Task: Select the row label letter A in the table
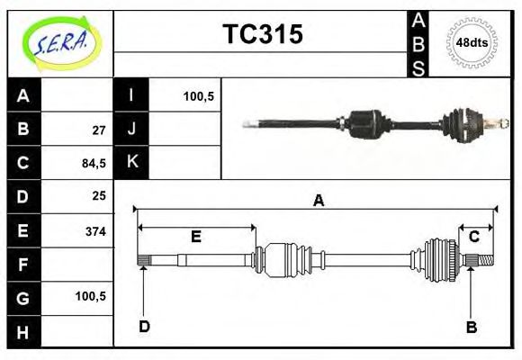[23, 96]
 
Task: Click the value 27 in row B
[98, 130]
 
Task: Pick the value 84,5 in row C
[94, 163]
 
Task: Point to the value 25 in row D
[98, 195]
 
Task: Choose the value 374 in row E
[95, 230]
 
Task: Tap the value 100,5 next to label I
[197, 96]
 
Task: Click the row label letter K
[131, 163]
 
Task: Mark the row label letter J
[131, 130]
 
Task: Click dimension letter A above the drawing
[317, 201]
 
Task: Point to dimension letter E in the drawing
[195, 237]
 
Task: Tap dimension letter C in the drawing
[473, 236]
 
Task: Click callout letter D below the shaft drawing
[144, 327]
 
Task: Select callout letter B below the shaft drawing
[471, 327]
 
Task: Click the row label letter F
[23, 264]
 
